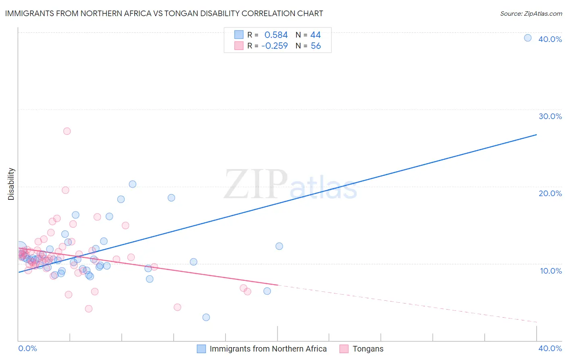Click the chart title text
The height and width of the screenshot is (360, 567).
164,13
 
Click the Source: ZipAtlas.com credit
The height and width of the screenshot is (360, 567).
531,14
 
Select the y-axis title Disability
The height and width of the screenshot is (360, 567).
11,184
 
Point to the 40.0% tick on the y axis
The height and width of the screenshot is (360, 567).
550,39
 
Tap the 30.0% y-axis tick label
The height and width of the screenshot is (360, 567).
550,116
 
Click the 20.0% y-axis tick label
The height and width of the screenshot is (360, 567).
550,193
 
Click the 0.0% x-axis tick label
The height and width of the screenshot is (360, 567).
27,348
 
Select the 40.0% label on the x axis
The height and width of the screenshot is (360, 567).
550,348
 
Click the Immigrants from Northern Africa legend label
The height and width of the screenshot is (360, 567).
268,349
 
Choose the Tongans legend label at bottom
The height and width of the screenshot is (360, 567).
368,349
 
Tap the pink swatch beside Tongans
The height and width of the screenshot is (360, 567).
344,349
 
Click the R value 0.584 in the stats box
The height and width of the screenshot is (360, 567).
276,35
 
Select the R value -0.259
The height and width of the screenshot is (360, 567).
275,46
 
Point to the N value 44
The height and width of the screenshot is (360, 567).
315,35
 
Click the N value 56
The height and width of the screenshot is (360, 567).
316,46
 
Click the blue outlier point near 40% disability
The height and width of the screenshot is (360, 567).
527,38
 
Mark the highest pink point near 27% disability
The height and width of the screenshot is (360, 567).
67,131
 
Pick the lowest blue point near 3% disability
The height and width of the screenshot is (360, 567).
206,317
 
